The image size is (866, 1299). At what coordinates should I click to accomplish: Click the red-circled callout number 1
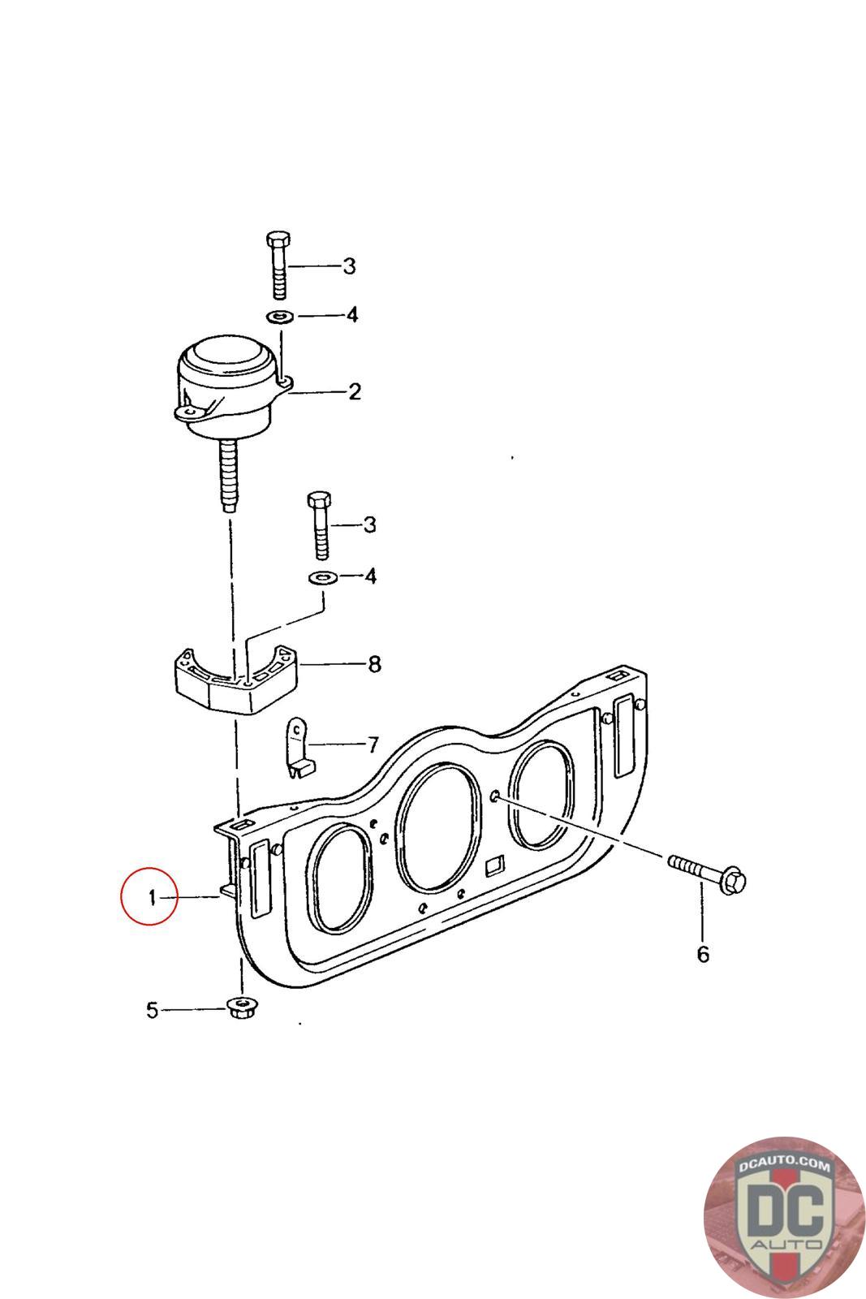(153, 898)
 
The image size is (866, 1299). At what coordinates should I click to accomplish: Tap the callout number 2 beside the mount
(354, 391)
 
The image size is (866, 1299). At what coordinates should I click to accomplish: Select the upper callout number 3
(349, 266)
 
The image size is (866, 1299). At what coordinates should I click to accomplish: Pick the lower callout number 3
(370, 524)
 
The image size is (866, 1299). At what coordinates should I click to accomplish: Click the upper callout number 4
(352, 315)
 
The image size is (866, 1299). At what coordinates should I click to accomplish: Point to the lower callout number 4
(370, 576)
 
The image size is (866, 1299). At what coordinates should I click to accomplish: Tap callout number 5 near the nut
(152, 1010)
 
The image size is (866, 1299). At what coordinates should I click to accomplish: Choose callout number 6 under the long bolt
(703, 953)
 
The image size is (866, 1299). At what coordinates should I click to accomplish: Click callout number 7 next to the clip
(373, 744)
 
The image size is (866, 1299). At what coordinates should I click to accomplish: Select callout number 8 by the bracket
(374, 664)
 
